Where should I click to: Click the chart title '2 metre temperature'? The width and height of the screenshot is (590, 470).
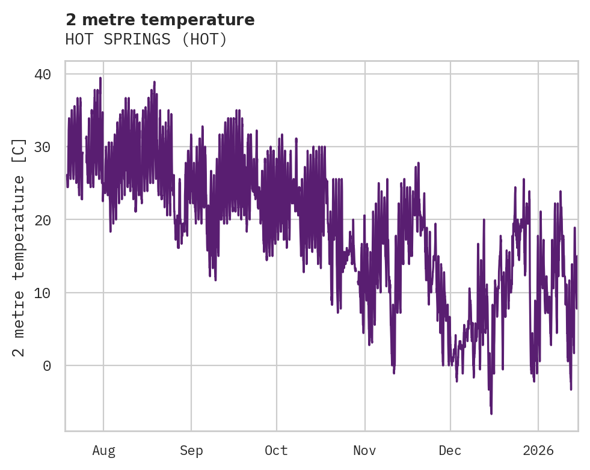[159, 20]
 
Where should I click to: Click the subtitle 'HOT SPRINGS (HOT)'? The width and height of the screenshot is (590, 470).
[146, 40]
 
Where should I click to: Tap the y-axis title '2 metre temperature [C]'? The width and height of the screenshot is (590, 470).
[19, 247]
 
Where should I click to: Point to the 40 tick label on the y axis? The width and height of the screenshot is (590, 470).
[42, 74]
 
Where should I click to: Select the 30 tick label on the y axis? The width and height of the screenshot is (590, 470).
[42, 147]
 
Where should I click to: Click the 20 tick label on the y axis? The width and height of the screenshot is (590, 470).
[42, 220]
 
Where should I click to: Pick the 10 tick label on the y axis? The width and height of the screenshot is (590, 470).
[42, 293]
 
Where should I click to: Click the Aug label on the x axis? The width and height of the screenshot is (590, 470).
[103, 451]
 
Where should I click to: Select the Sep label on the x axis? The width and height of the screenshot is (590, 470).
[191, 451]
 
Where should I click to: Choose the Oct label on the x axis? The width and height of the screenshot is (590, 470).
[277, 451]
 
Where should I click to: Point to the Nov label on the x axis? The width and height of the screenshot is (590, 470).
[364, 451]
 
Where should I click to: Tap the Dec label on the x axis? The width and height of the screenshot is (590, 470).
[450, 451]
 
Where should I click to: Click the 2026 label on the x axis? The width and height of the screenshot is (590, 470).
[538, 451]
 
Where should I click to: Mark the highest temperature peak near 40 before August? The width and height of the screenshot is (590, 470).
[100, 78]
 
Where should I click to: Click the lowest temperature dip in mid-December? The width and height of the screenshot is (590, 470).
[491, 413]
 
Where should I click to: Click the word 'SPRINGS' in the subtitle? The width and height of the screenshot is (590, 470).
[146, 40]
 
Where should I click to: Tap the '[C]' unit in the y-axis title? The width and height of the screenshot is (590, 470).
[19, 150]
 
